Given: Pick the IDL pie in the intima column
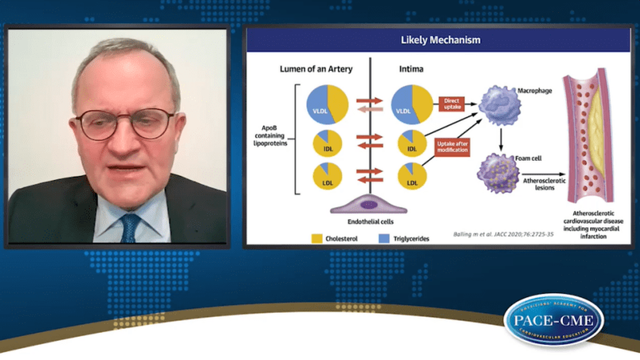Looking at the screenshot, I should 412,143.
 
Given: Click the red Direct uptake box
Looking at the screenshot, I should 452,103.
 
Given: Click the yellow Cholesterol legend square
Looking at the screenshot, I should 316,238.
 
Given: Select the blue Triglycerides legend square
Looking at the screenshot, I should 373,238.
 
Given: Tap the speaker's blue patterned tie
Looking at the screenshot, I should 130,227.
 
